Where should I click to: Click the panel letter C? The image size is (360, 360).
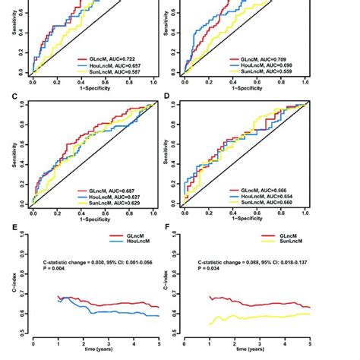5,98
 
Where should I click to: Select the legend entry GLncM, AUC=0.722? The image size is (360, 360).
113,58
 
